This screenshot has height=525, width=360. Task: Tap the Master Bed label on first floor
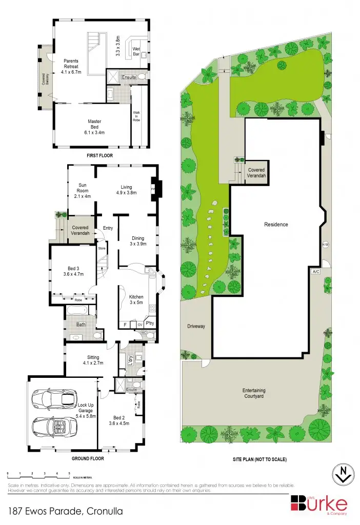coord(94,122)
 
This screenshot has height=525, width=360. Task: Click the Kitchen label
coord(136,297)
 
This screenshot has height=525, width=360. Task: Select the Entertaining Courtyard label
coord(262,393)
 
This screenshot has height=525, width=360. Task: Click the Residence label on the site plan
coord(276,225)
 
